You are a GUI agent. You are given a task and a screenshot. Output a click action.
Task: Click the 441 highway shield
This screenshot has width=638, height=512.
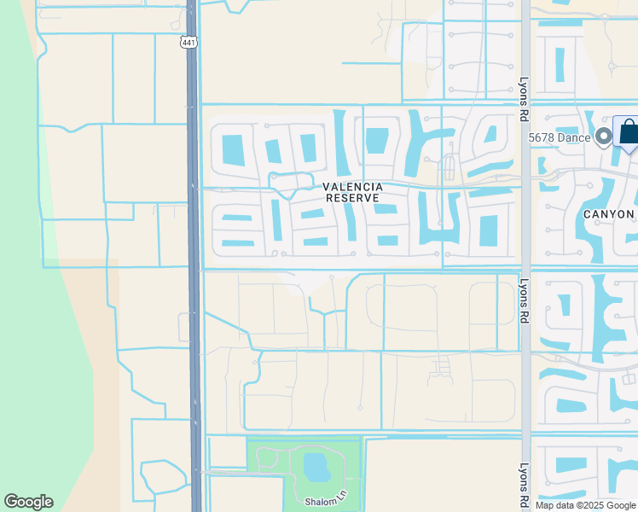(188, 40)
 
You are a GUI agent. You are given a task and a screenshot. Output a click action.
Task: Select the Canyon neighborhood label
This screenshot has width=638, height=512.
(609, 214)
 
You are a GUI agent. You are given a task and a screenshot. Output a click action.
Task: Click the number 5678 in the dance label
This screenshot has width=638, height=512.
(542, 137)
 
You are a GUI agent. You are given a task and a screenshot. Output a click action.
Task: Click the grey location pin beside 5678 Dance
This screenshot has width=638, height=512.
(604, 136)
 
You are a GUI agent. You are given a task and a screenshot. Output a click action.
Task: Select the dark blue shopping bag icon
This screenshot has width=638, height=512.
(628, 132)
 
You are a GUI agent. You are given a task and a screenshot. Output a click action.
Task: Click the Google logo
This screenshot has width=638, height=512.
(28, 502)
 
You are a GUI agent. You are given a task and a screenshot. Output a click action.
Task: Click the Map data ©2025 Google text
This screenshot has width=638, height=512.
(585, 505)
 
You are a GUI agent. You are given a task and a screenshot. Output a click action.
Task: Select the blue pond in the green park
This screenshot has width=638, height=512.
(316, 467)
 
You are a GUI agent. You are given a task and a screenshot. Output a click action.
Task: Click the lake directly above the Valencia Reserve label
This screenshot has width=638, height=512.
(376, 141)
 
